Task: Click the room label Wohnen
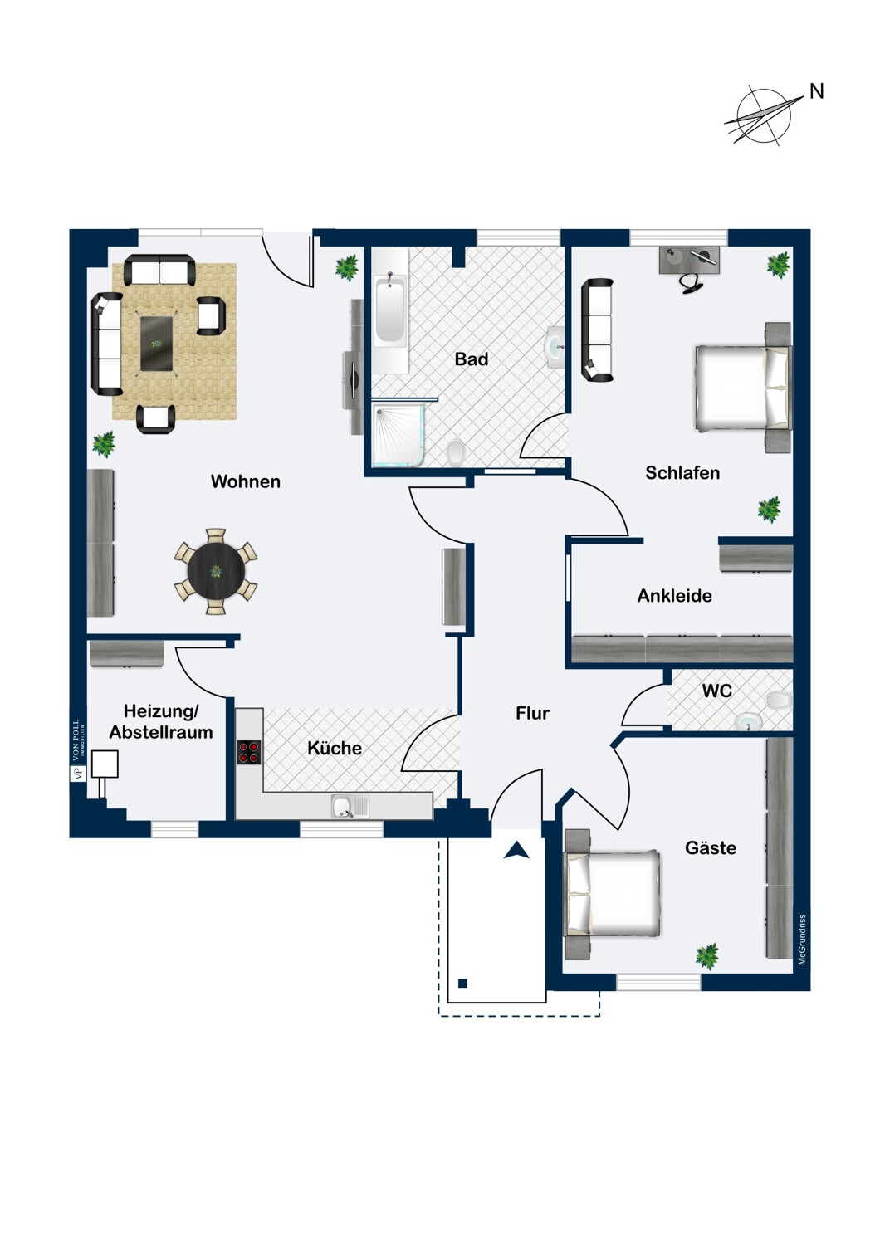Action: [245, 481]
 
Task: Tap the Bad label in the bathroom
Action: [472, 359]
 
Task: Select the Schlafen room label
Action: [682, 473]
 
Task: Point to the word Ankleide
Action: [674, 596]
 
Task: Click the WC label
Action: [717, 691]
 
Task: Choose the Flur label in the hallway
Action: [532, 713]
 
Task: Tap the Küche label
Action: [335, 748]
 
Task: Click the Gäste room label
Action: [711, 847]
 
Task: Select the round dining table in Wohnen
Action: [216, 571]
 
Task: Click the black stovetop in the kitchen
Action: [248, 752]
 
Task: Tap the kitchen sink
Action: [350, 807]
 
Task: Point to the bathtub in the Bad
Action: [390, 310]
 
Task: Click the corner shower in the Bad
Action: [398, 434]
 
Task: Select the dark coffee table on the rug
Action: [158, 344]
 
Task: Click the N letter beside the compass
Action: [816, 91]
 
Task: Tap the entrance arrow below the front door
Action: [516, 851]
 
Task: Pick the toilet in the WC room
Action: [777, 701]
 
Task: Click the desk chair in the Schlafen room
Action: [692, 281]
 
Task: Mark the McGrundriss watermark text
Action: [802, 940]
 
